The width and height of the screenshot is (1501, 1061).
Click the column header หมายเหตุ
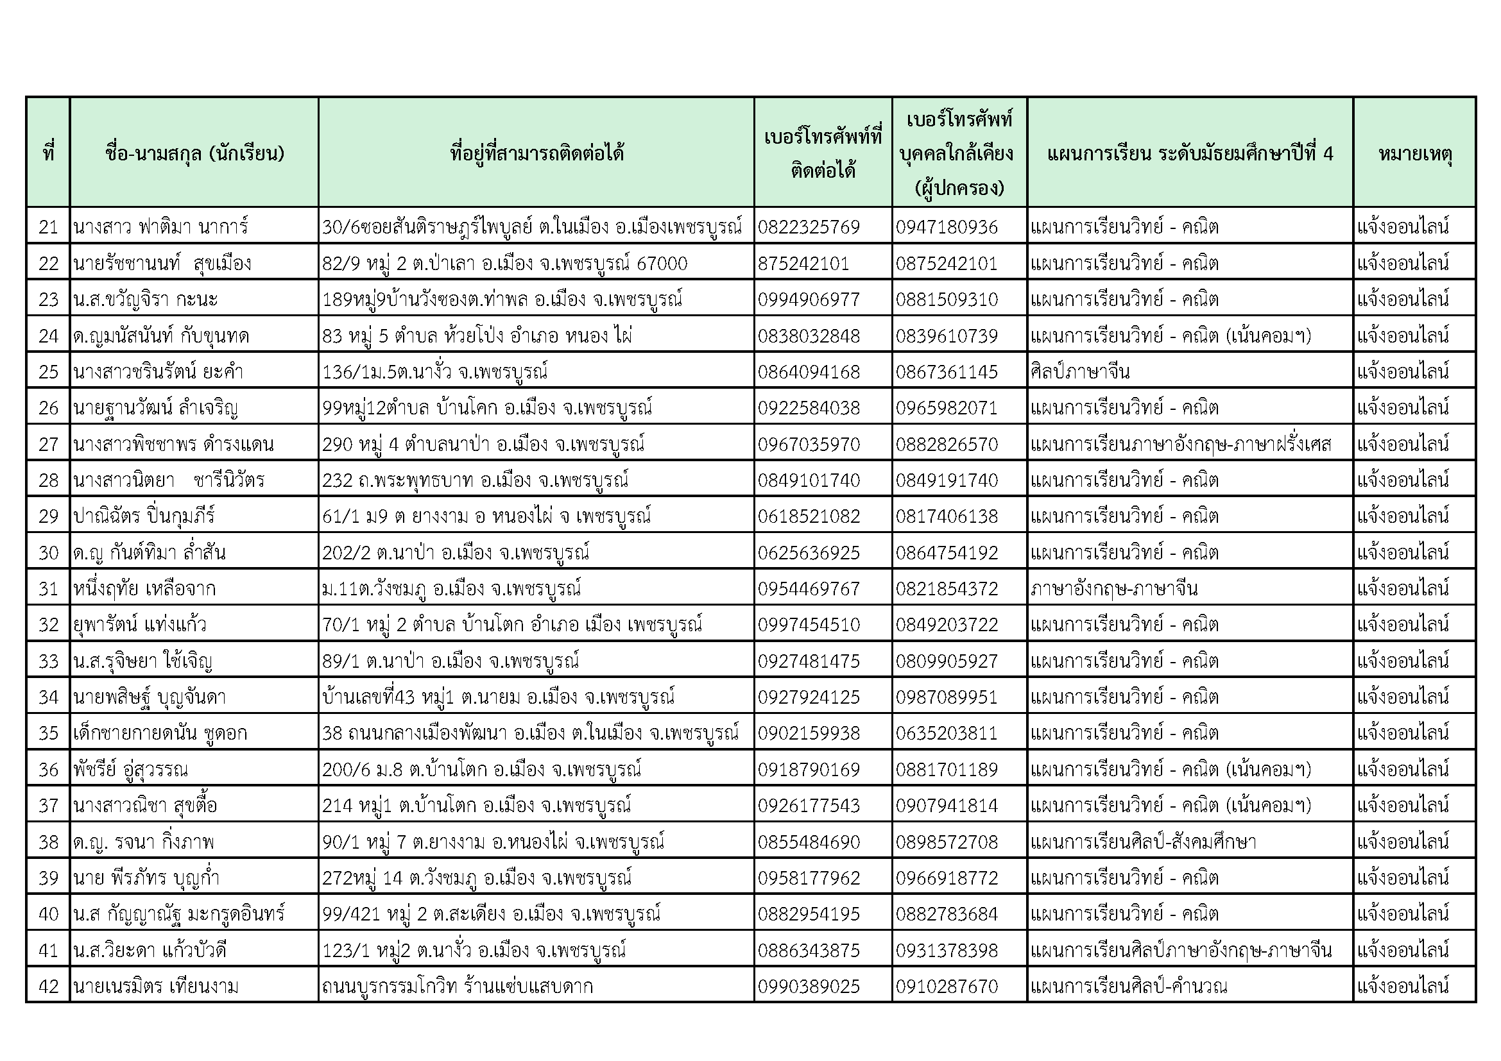tap(1415, 153)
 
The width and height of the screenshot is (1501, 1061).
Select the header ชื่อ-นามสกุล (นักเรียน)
tap(194, 153)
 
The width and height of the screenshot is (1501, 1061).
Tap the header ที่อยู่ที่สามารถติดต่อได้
tap(536, 153)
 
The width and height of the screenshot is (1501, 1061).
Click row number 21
tap(48, 226)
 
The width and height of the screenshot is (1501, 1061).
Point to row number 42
tap(48, 986)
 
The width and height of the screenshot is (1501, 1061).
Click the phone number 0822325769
tap(809, 226)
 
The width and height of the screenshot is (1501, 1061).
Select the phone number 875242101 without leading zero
tap(803, 263)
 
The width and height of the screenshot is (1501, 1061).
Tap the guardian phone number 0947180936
tap(947, 226)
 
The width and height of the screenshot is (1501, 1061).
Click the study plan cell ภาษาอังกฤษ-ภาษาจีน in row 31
tap(1114, 589)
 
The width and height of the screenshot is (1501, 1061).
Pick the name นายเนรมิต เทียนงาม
tap(156, 986)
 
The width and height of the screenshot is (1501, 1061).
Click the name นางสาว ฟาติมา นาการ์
tap(161, 226)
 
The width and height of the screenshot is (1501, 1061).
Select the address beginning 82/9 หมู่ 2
tap(504, 263)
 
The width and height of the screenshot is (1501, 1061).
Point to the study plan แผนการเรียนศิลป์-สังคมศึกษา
tap(1144, 842)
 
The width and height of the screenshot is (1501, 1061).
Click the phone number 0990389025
tap(809, 986)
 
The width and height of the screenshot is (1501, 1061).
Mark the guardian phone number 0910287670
tap(947, 986)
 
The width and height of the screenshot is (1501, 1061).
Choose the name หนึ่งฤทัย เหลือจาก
tap(144, 589)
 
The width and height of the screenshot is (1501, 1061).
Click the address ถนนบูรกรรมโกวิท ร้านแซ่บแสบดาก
tap(458, 986)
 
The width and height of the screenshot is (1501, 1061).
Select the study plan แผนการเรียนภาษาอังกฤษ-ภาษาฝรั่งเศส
tap(1181, 445)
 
